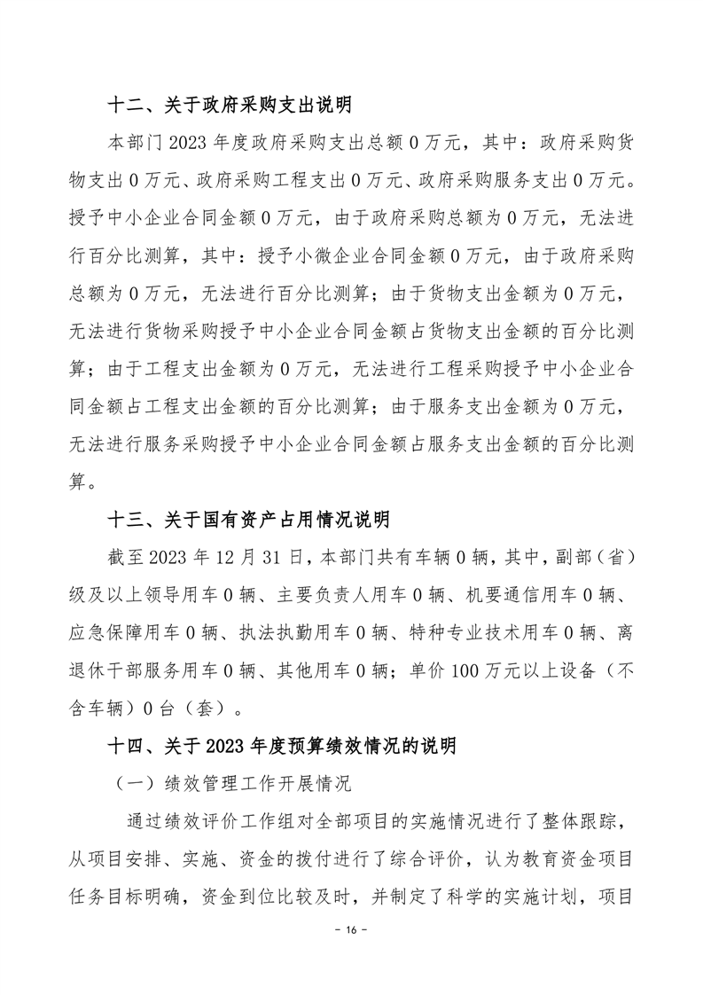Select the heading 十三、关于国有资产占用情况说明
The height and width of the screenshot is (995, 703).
(248, 518)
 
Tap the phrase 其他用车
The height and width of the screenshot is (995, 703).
(334, 670)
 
